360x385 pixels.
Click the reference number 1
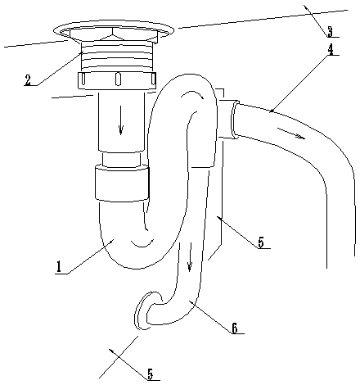[58, 267]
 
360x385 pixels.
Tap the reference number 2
[28, 79]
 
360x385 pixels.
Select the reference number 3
[330, 31]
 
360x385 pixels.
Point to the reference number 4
[331, 49]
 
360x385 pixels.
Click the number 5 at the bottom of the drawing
[151, 374]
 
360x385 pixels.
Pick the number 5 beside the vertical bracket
[261, 242]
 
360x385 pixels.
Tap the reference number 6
[235, 328]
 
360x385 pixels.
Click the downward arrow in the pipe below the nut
[120, 125]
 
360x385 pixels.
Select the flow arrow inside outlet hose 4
[291, 133]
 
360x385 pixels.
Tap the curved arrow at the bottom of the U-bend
[142, 242]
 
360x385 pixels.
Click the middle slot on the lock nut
[118, 79]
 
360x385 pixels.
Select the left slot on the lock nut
[83, 79]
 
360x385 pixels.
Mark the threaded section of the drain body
[118, 57]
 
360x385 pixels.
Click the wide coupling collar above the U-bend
[122, 183]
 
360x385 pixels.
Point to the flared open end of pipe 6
[142, 311]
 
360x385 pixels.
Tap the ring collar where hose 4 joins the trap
[235, 120]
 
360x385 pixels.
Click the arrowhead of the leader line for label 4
[271, 111]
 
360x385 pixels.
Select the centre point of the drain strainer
[114, 36]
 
